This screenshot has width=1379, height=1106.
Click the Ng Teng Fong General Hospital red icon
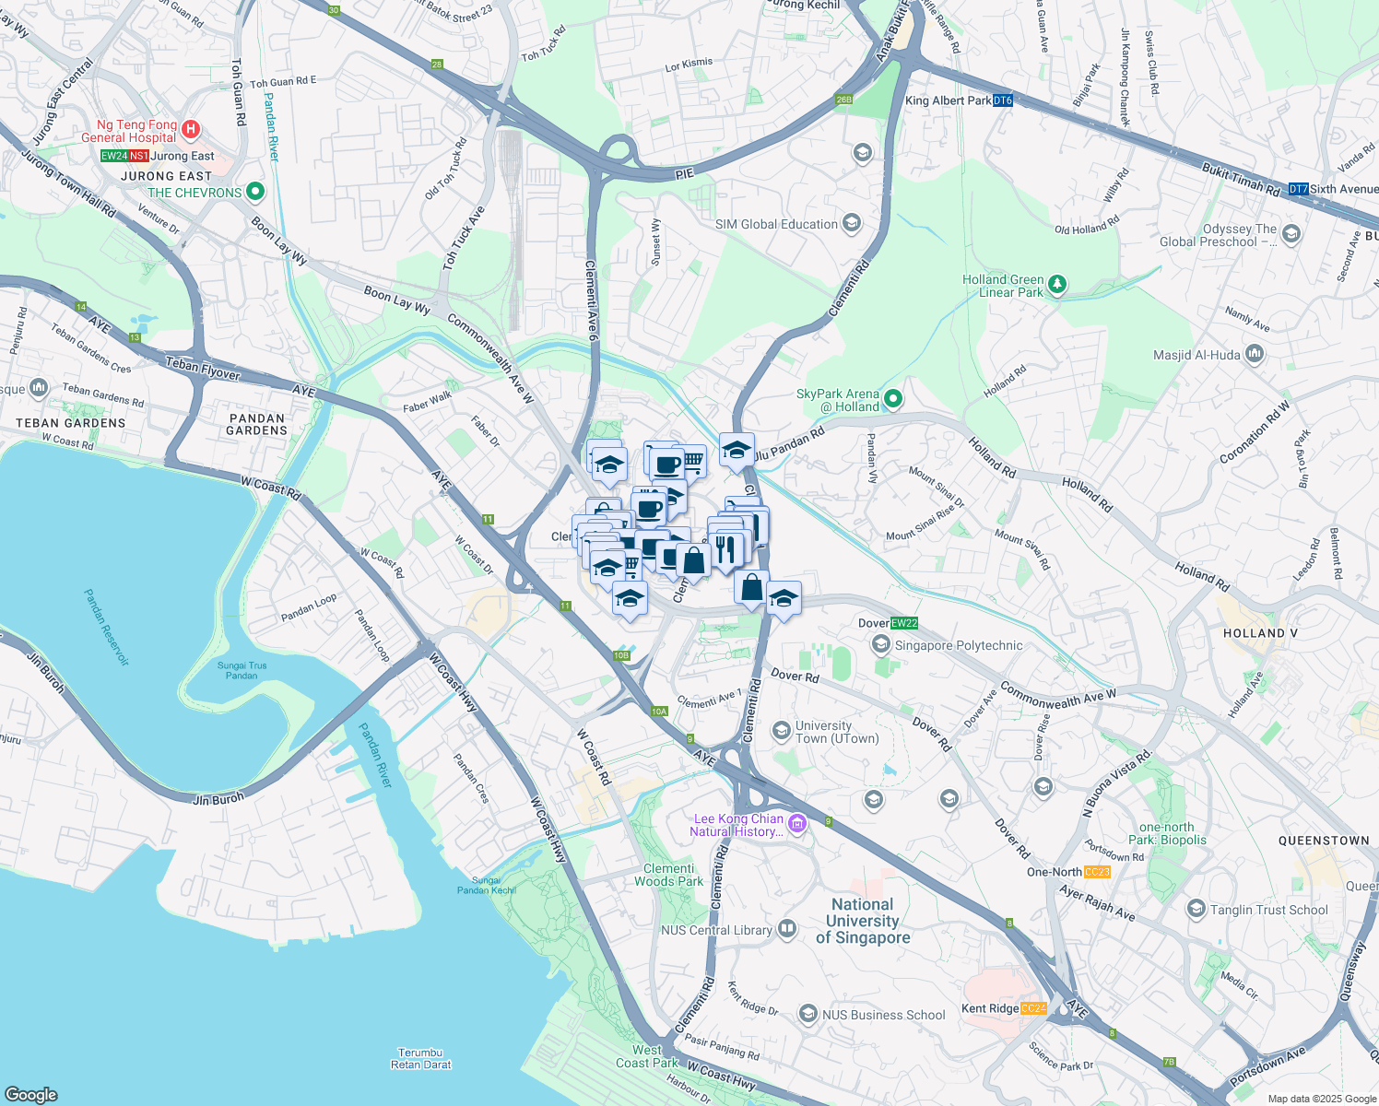pos(191,129)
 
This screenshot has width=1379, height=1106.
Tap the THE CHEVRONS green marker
pos(255,193)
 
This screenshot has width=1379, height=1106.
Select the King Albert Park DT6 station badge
pos(1003,100)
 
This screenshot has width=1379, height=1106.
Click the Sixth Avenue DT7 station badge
pos(1298,189)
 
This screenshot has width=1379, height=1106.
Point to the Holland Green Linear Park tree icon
pos(1057,285)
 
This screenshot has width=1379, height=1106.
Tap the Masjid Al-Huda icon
pos(1254,354)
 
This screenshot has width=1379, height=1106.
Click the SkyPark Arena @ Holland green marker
pos(892,399)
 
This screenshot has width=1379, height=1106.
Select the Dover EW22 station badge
pos(904,623)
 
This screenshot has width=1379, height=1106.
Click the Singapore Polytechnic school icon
pos(881,644)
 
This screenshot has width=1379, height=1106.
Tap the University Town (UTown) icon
pos(782,731)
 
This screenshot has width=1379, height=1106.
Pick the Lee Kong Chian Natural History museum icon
pos(797,824)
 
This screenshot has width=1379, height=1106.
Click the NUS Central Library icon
pos(786,929)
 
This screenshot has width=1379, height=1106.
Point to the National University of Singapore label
pos(863,921)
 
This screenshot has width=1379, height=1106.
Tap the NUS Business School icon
pos(807,1015)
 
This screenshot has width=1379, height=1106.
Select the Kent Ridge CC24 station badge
pos(1033,1008)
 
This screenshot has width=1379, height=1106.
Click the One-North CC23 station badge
pos(1097,872)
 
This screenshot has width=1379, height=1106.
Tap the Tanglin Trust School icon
pos(1196,910)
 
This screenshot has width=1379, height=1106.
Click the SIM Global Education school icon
pos(852,223)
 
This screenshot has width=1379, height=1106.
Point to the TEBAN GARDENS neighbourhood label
pos(71,423)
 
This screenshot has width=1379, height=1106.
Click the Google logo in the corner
pos(31,1094)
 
